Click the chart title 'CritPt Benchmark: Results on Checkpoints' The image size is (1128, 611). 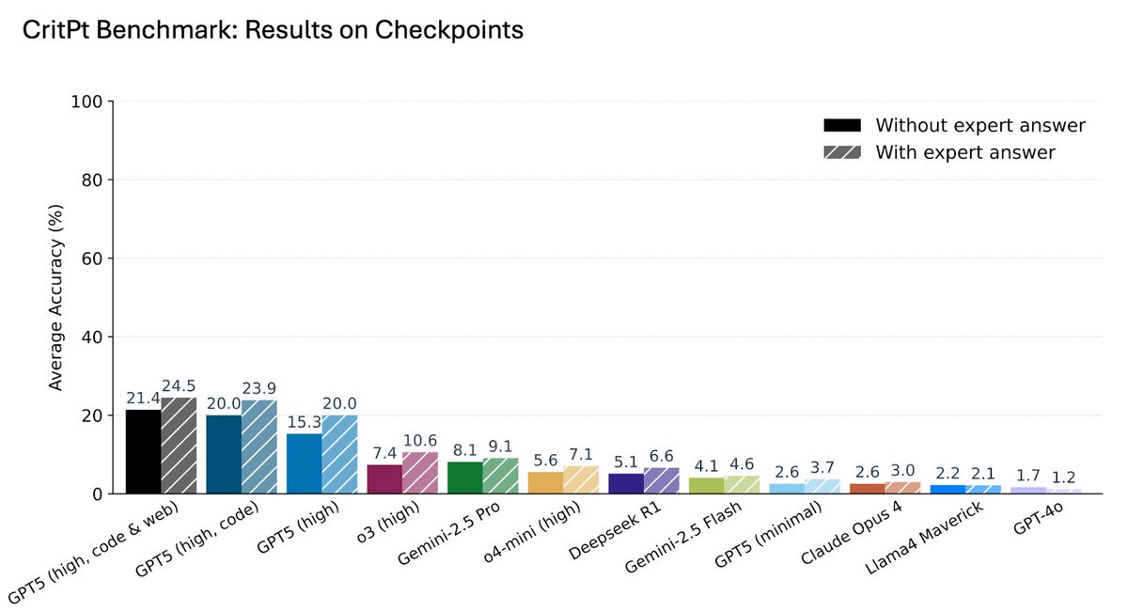(x=273, y=30)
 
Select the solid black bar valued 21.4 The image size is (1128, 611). (x=143, y=451)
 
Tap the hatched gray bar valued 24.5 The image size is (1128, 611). (x=179, y=446)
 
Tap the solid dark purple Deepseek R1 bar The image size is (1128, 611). (x=626, y=483)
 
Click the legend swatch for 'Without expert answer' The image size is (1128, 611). (x=841, y=126)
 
